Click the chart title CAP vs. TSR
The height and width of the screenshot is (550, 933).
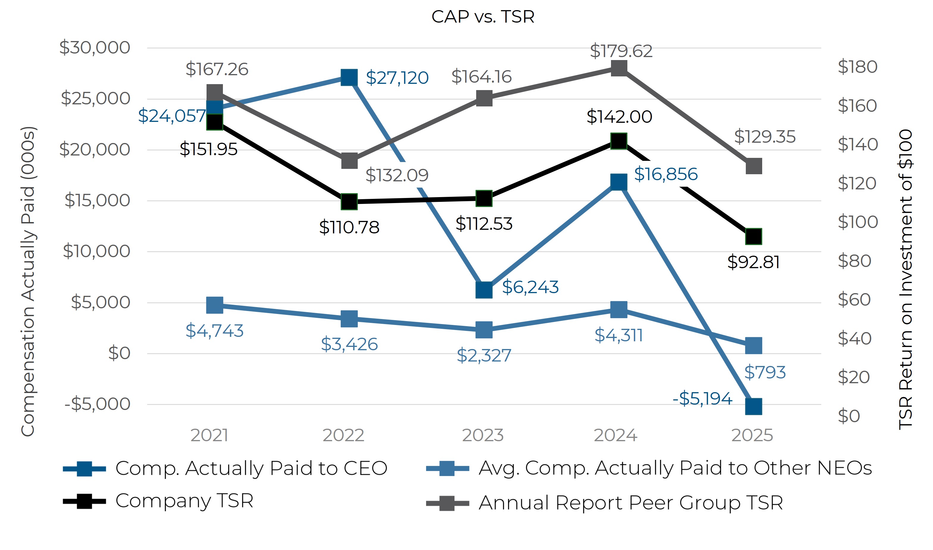pyautogui.click(x=483, y=17)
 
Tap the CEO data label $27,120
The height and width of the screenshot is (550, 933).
pyautogui.click(x=397, y=78)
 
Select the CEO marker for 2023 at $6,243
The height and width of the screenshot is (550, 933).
pyautogui.click(x=484, y=290)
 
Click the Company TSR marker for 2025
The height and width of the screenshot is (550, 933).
pyautogui.click(x=754, y=236)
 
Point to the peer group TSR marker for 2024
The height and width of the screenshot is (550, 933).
pyautogui.click(x=619, y=68)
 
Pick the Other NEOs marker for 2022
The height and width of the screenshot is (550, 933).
pyautogui.click(x=349, y=319)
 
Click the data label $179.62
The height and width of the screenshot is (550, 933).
pyautogui.click(x=621, y=51)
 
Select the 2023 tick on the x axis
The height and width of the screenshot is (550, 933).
pyautogui.click(x=483, y=436)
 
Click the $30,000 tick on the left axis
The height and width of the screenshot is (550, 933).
pyautogui.click(x=95, y=48)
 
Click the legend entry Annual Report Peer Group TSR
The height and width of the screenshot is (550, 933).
pyautogui.click(x=631, y=503)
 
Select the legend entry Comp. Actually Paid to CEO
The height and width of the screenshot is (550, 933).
pyautogui.click(x=251, y=468)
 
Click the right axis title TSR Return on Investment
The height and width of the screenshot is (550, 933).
pyautogui.click(x=905, y=279)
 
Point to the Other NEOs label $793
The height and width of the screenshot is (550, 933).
pyautogui.click(x=765, y=372)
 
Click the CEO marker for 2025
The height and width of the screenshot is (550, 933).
pyautogui.click(x=754, y=406)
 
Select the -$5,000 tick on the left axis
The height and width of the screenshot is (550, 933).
pyautogui.click(x=98, y=404)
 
